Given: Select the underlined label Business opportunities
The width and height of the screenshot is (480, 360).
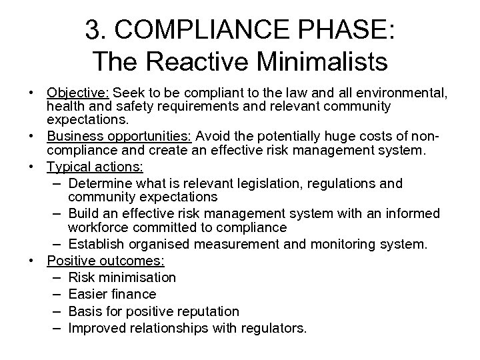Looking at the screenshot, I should (120, 135).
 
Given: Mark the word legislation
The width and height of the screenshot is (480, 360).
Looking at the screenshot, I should (265, 183).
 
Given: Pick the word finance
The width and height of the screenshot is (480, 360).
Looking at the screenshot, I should (133, 294).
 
